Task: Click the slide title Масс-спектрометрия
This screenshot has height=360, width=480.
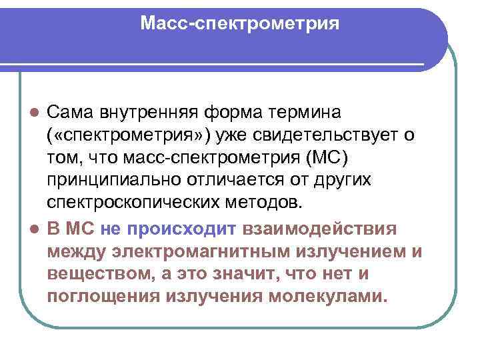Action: tap(240, 24)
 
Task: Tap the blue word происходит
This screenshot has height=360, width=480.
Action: tap(180, 229)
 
